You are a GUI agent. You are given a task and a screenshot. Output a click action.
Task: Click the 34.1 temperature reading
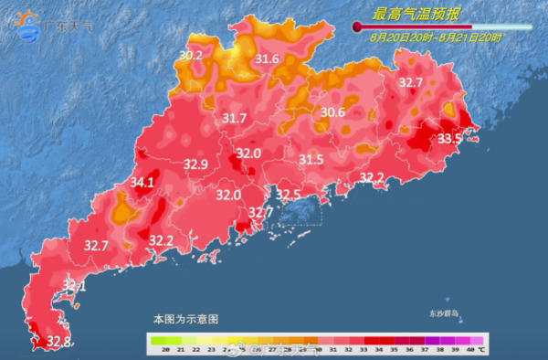(142, 183)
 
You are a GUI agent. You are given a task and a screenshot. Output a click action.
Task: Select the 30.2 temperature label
(191, 56)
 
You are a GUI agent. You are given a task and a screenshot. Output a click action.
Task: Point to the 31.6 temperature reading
(267, 60)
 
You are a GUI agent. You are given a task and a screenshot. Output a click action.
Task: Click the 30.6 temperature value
(332, 113)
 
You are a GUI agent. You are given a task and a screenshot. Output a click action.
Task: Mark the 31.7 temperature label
(235, 119)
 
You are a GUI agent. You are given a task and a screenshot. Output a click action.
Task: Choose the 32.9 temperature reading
(196, 165)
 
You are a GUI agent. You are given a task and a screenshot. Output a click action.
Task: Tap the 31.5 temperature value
(311, 160)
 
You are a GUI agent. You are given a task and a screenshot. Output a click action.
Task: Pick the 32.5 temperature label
(289, 195)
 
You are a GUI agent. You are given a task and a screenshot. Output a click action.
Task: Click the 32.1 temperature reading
(74, 287)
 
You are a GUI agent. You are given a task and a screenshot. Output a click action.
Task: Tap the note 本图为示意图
(185, 320)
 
